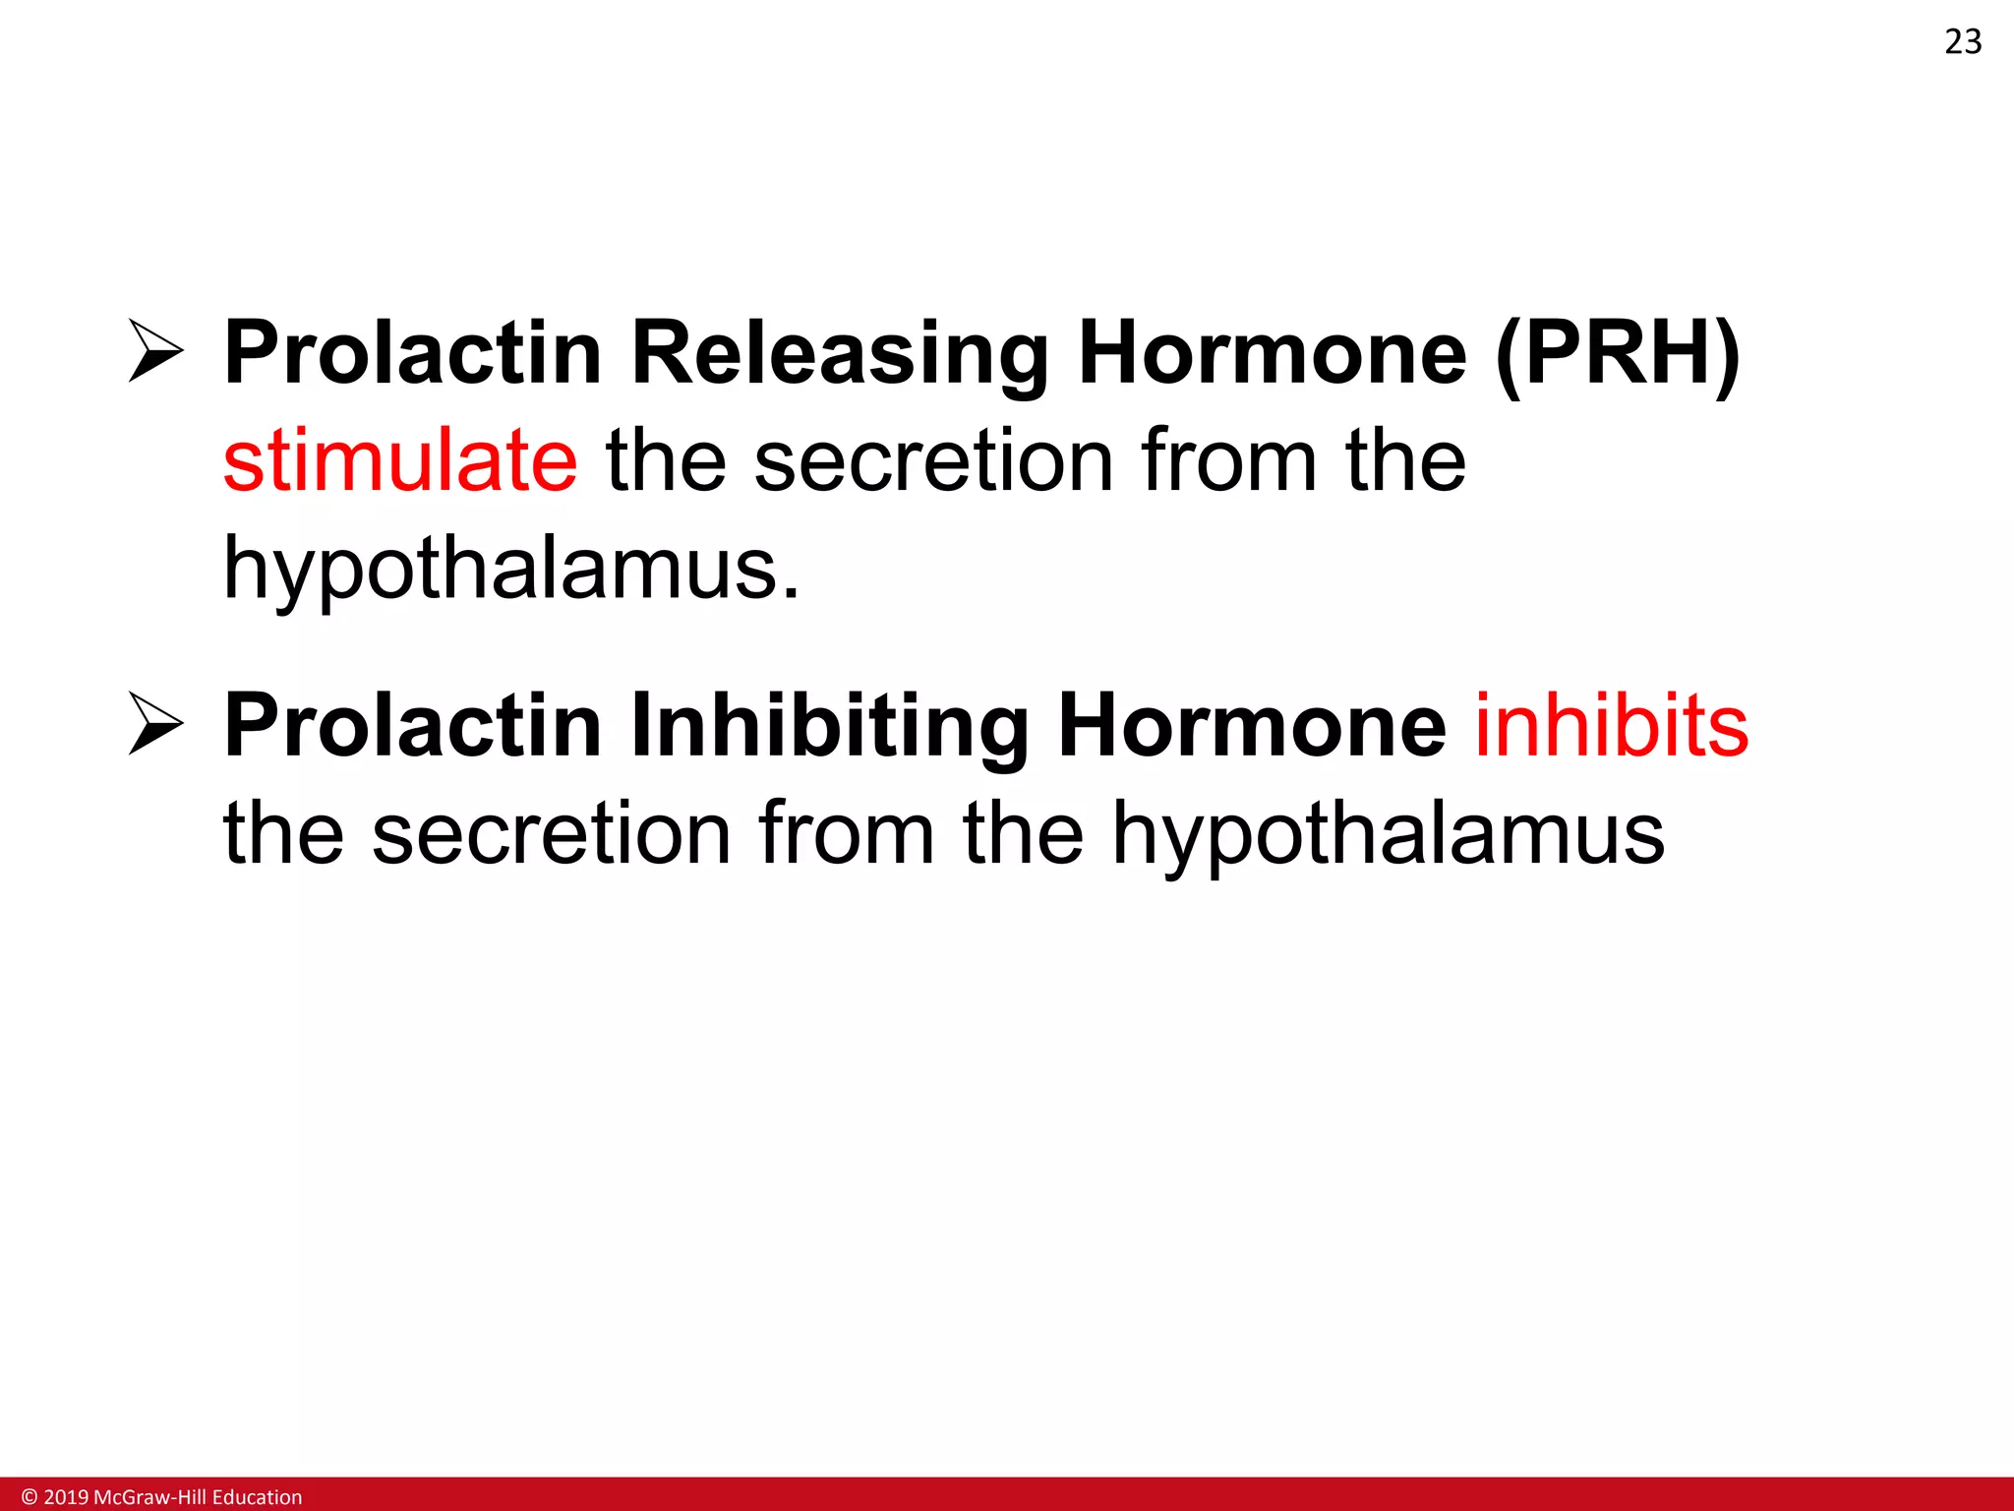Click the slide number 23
point(1962,42)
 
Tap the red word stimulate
point(400,461)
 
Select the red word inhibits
point(1611,726)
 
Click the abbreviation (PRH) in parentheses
point(1618,354)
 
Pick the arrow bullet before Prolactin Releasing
point(155,351)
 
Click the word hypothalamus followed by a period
point(511,569)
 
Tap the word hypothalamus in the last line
point(1388,834)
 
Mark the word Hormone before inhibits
point(1251,726)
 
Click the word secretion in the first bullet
point(933,461)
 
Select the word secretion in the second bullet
point(551,834)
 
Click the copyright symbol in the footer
point(29,1496)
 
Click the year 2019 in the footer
point(66,1496)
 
